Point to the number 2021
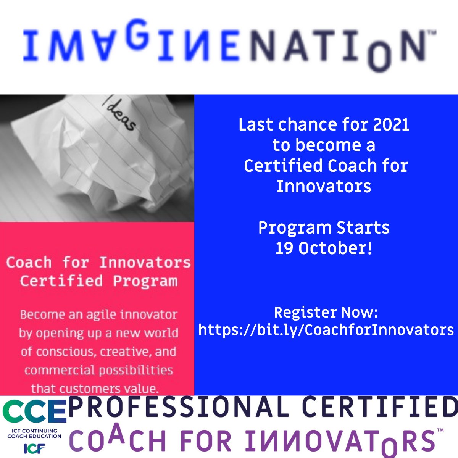tap(391, 125)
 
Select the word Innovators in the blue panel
tap(324, 187)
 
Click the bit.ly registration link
tap(326, 330)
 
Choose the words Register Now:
tap(326, 313)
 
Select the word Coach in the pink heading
tap(29, 263)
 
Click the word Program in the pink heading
tap(145, 281)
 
